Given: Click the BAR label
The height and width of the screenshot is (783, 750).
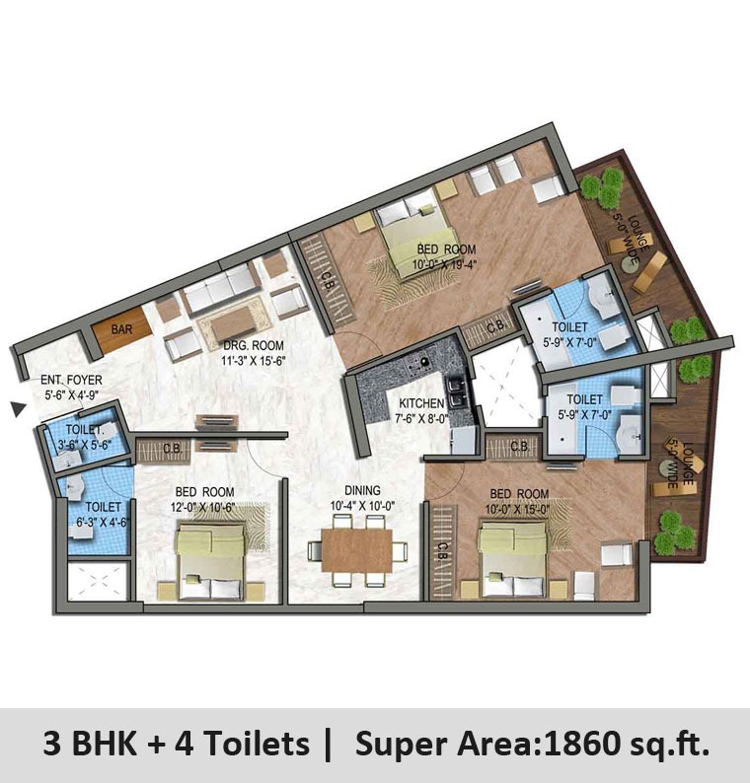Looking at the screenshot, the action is pyautogui.click(x=122, y=329).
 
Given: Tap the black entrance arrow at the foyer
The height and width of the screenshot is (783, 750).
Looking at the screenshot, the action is pyautogui.click(x=19, y=409).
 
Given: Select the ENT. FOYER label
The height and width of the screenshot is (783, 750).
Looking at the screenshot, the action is pyautogui.click(x=71, y=380).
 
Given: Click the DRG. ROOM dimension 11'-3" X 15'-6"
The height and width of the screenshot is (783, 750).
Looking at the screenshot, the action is pyautogui.click(x=254, y=360).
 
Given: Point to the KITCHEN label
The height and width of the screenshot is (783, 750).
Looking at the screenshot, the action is pyautogui.click(x=421, y=403).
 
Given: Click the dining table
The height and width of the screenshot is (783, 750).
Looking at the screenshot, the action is pyautogui.click(x=357, y=550).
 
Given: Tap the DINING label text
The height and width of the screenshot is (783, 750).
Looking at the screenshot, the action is pyautogui.click(x=362, y=491).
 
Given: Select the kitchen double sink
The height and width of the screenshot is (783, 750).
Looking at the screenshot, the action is pyautogui.click(x=456, y=392).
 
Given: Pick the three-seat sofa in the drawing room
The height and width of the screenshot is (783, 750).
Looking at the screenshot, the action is pyautogui.click(x=220, y=288).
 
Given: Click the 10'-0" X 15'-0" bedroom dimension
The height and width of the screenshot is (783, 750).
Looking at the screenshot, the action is pyautogui.click(x=519, y=508).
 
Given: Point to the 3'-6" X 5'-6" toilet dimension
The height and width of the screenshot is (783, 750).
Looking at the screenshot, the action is pyautogui.click(x=84, y=444).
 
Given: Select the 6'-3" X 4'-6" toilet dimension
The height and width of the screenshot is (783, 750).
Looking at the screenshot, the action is pyautogui.click(x=102, y=522).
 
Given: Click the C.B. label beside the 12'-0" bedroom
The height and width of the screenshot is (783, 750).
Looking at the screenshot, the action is pyautogui.click(x=173, y=450).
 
